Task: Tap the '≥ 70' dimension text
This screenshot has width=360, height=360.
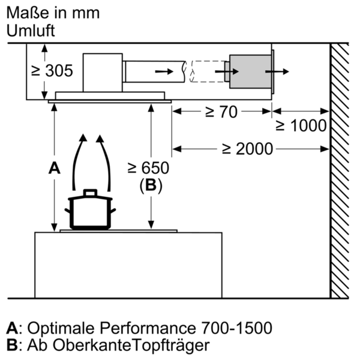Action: click(221, 112)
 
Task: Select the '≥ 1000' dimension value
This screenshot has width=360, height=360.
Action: click(301, 125)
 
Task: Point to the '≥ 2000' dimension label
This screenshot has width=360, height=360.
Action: click(247, 148)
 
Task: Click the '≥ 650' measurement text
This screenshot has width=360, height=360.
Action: click(151, 169)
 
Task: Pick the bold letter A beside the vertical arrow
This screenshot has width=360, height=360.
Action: click(55, 169)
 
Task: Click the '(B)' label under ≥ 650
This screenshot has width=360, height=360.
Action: click(151, 186)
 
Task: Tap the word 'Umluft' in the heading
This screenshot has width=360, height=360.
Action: click(31, 32)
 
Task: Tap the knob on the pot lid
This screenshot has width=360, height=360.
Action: click(90, 193)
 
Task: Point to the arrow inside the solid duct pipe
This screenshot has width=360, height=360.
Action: click(161, 71)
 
